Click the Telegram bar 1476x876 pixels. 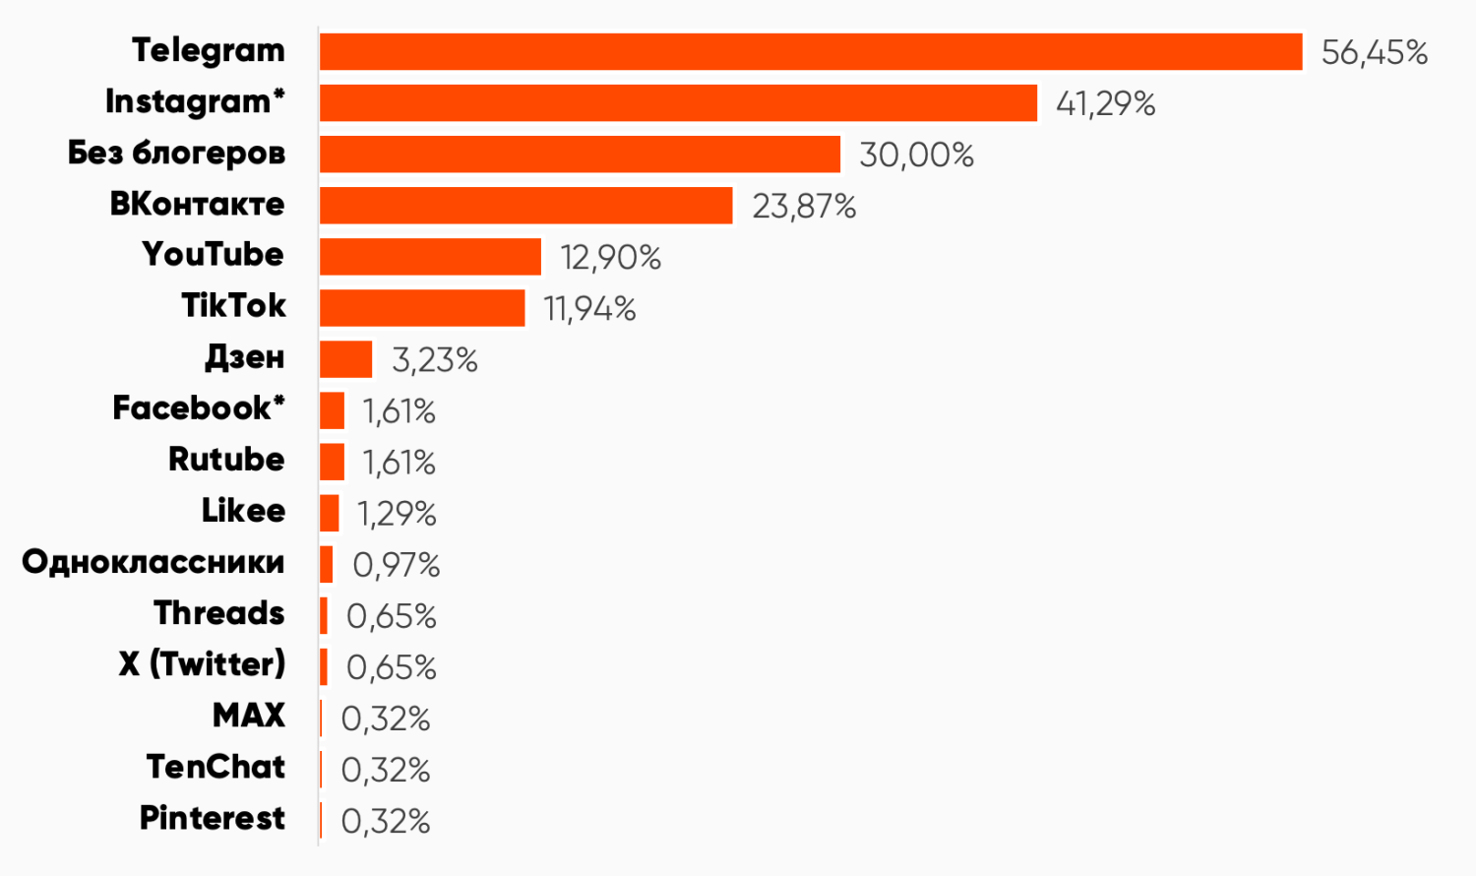(811, 52)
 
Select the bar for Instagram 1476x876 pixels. (678, 103)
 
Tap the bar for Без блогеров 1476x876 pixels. (580, 155)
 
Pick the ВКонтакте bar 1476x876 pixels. (525, 206)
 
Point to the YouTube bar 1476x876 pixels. (430, 257)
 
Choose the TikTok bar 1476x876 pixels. (422, 308)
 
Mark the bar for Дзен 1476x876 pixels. (345, 359)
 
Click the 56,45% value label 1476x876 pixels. (1374, 52)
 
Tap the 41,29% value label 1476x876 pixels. (1105, 103)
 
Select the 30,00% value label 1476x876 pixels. (916, 155)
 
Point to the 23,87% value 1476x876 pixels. (804, 206)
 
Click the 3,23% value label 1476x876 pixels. (434, 359)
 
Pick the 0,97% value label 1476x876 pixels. (396, 565)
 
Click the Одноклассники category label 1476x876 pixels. (154, 562)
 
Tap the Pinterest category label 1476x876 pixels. (213, 818)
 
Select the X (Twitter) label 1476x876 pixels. (202, 664)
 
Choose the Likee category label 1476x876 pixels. (243, 511)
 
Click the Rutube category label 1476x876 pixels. (226, 460)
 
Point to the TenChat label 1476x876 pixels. (215, 767)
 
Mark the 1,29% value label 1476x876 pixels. (397, 514)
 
